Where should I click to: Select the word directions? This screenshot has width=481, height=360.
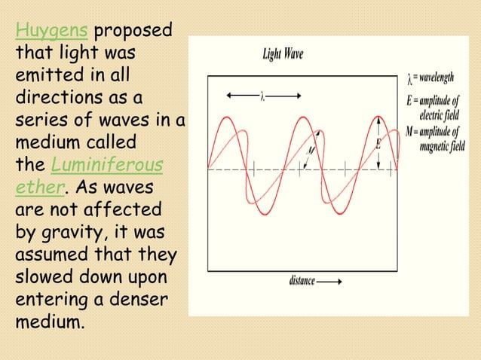click(x=62, y=99)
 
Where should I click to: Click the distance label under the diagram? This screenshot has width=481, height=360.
click(x=302, y=281)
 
